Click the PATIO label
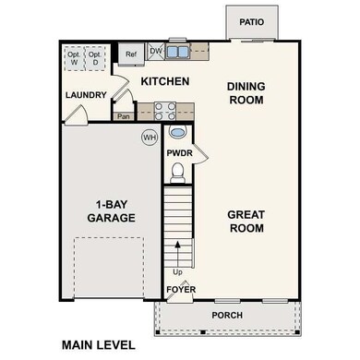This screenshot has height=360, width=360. coord(251,22)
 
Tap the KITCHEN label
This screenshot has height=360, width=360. coord(164,82)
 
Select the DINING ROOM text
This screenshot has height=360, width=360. coord(246,93)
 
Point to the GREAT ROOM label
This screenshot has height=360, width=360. coord(246,222)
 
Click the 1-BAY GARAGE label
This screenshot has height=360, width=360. coord(113,210)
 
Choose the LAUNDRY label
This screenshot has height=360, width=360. coord(86,96)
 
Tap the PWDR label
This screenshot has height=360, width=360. coord(178,153)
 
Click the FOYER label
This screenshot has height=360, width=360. coord(180,290)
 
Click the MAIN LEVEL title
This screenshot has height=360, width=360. coord(98,345)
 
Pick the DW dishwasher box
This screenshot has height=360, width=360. coord(156,51)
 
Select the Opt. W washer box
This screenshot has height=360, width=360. coord(74,57)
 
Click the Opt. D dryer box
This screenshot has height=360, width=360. coord(95,57)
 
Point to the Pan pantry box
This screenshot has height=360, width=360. coord(124,117)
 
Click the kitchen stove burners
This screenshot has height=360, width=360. coord(165,111)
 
